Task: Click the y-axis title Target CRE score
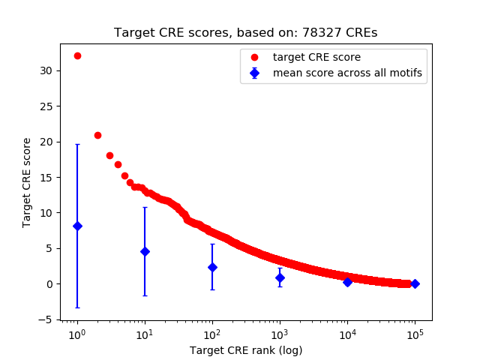pos(27,182)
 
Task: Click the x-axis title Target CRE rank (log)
pos(246,349)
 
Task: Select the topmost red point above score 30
pos(77,55)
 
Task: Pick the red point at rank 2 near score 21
pos(97,135)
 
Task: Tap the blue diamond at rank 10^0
pos(77,226)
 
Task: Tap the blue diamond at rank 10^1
pos(145,251)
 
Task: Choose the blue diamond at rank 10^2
pos(212,267)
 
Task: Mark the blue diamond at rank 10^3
pos(280,277)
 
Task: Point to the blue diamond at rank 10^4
pos(347,282)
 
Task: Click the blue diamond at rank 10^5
pos(415,283)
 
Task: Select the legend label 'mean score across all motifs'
pos(347,73)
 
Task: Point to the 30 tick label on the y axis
pos(49,70)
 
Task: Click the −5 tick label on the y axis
pos(46,319)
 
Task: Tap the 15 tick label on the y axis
pos(49,177)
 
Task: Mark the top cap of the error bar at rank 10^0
pos(77,144)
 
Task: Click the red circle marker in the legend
pos(254,57)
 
